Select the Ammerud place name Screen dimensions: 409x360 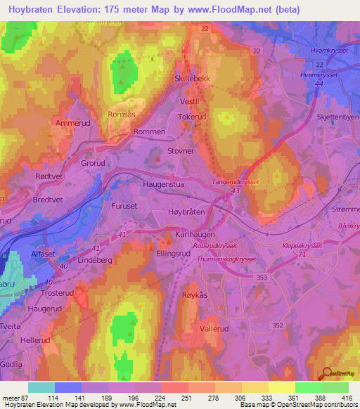click(70, 122)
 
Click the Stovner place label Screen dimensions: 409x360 click(181, 150)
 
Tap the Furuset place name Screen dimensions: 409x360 click(126, 207)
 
